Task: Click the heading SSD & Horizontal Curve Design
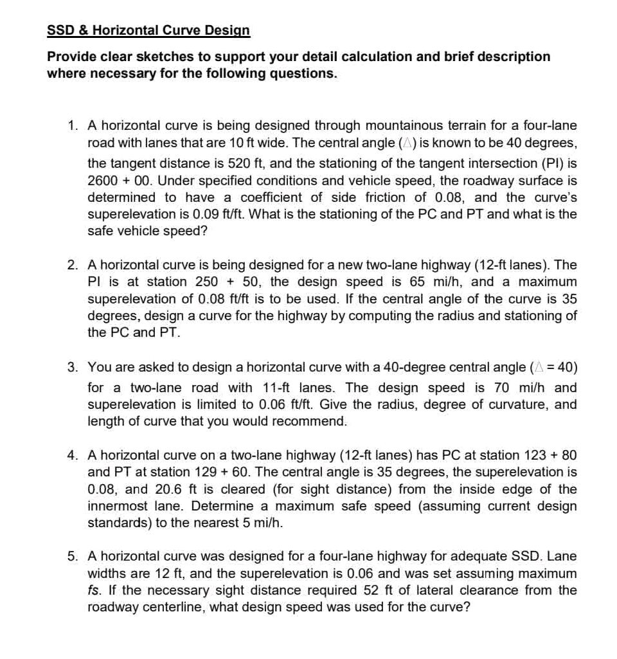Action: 148,30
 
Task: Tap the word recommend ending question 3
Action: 308,422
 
